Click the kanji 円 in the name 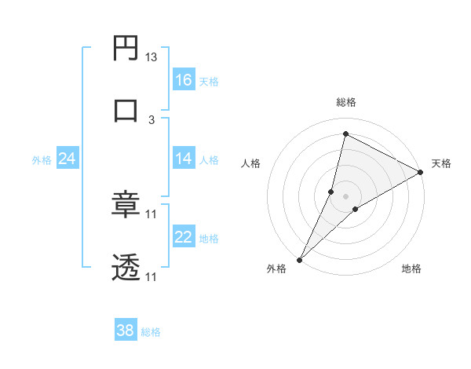point(126,49)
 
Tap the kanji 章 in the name point(126,206)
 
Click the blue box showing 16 point(184,79)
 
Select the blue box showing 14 point(184,159)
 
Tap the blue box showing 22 point(184,237)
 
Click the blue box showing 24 point(68,159)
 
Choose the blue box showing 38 point(126,331)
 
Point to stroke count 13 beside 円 point(152,57)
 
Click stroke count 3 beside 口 point(152,119)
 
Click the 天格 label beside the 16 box point(209,81)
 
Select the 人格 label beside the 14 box point(209,160)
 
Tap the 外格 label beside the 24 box point(42,160)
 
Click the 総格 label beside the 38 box point(151,332)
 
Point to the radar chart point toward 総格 point(345,133)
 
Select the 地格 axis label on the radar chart point(411,269)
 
